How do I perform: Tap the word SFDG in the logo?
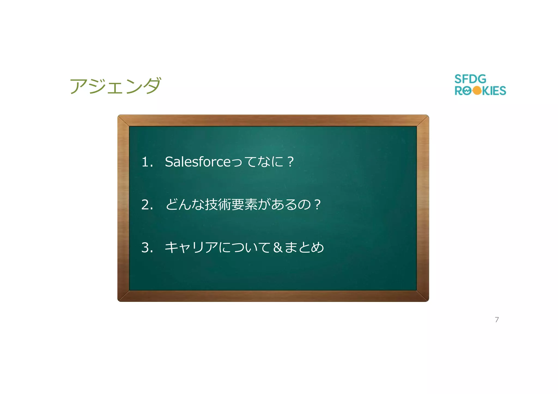click(470, 79)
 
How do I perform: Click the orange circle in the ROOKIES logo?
click(477, 91)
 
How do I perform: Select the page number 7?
click(497, 319)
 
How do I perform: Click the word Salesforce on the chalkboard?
click(198, 162)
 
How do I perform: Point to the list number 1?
click(145, 162)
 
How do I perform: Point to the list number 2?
click(145, 205)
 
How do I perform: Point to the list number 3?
click(145, 248)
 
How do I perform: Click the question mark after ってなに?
click(290, 162)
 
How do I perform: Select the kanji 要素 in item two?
click(244, 204)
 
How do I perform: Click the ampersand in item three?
click(277, 247)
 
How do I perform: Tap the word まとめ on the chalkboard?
click(304, 247)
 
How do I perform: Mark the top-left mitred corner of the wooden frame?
click(123, 121)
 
